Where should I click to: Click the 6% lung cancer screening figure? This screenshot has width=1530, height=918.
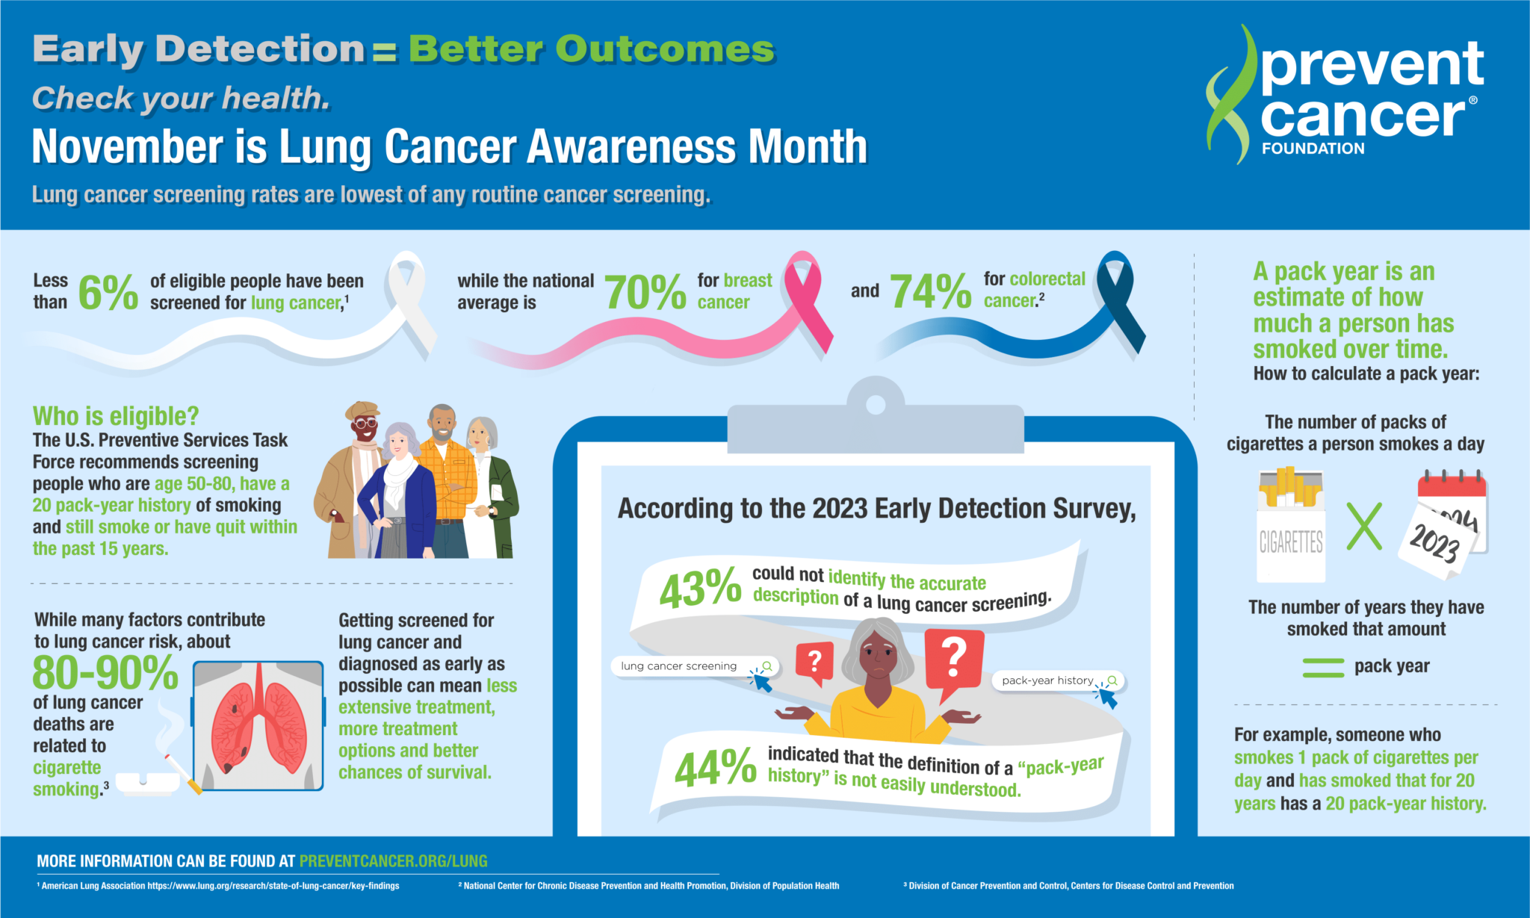click(108, 292)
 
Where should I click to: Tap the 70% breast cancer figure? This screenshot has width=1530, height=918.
click(645, 292)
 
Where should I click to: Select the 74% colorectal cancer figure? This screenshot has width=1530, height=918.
click(930, 291)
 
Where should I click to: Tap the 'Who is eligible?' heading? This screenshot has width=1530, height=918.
click(116, 416)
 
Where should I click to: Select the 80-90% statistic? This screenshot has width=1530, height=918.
click(105, 673)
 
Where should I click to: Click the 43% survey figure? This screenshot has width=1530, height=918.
click(699, 589)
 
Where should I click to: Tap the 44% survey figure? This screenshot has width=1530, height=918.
click(715, 768)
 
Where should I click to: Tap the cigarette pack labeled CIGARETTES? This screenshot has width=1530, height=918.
click(1290, 527)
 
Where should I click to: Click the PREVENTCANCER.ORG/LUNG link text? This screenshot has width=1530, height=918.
click(393, 861)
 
